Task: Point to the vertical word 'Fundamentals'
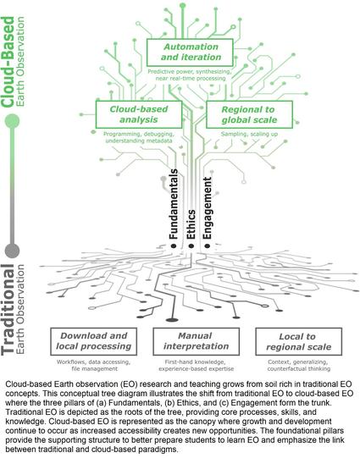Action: (174, 204)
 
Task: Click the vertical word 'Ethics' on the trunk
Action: (191, 224)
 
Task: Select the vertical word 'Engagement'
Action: (208, 208)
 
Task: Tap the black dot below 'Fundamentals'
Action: (174, 246)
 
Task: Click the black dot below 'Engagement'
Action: (208, 246)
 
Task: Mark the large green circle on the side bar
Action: (12, 121)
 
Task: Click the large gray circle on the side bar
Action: (12, 251)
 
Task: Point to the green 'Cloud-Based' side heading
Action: (8, 62)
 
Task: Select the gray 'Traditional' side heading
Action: (8, 310)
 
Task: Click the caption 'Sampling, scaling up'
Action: (249, 134)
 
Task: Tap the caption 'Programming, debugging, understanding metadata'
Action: (139, 137)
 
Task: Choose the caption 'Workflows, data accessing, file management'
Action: (94, 366)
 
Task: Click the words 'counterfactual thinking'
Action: (299, 368)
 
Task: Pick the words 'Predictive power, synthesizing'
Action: (190, 72)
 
